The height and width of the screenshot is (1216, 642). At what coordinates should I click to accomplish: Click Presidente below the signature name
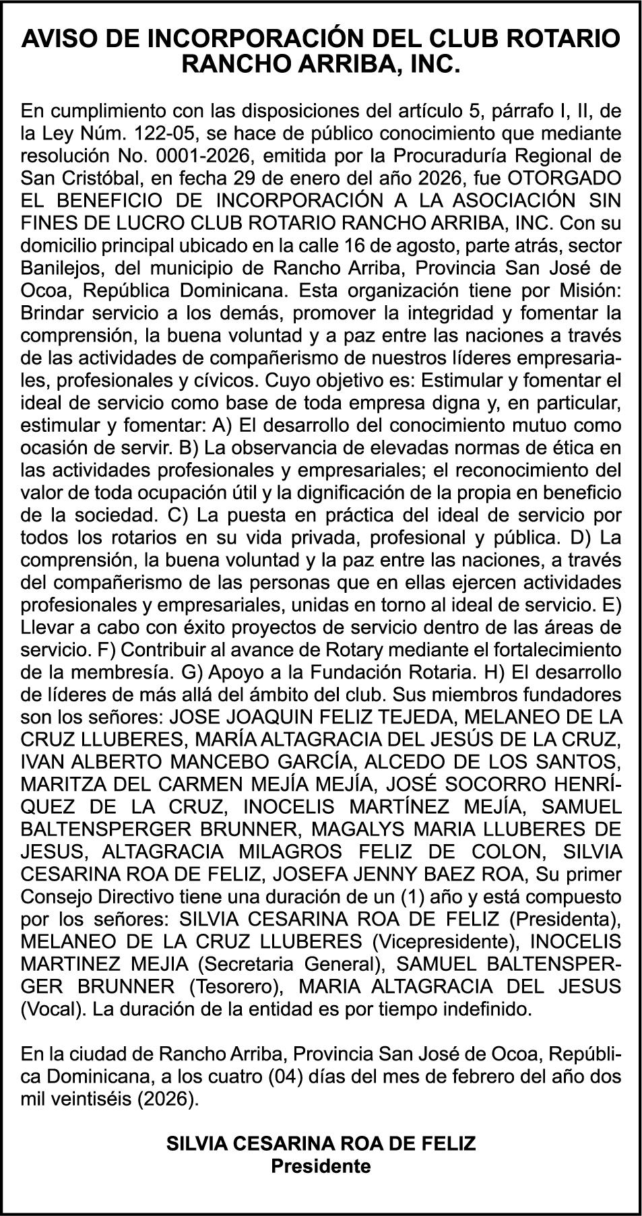click(x=321, y=1166)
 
